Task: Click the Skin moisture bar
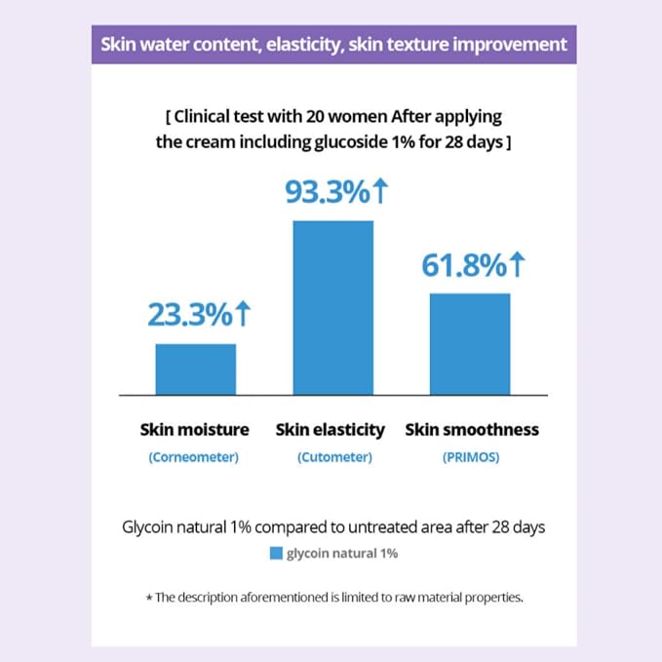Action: click(195, 370)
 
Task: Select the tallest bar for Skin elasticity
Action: click(333, 308)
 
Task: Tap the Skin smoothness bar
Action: click(470, 344)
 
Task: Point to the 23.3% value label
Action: click(190, 315)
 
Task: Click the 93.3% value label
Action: click(328, 192)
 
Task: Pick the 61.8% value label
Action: click(464, 265)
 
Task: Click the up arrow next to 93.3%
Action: click(381, 190)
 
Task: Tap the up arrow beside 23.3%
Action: click(243, 313)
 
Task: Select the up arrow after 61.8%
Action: click(518, 264)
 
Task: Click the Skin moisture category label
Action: click(195, 429)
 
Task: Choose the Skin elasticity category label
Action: click(331, 430)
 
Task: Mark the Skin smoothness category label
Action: click(472, 429)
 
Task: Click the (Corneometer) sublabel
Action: click(194, 457)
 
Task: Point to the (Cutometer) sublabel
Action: click(334, 457)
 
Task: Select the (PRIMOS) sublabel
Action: click(471, 457)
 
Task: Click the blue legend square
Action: click(276, 553)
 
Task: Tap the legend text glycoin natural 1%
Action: click(342, 554)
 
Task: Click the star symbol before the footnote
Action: click(149, 598)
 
